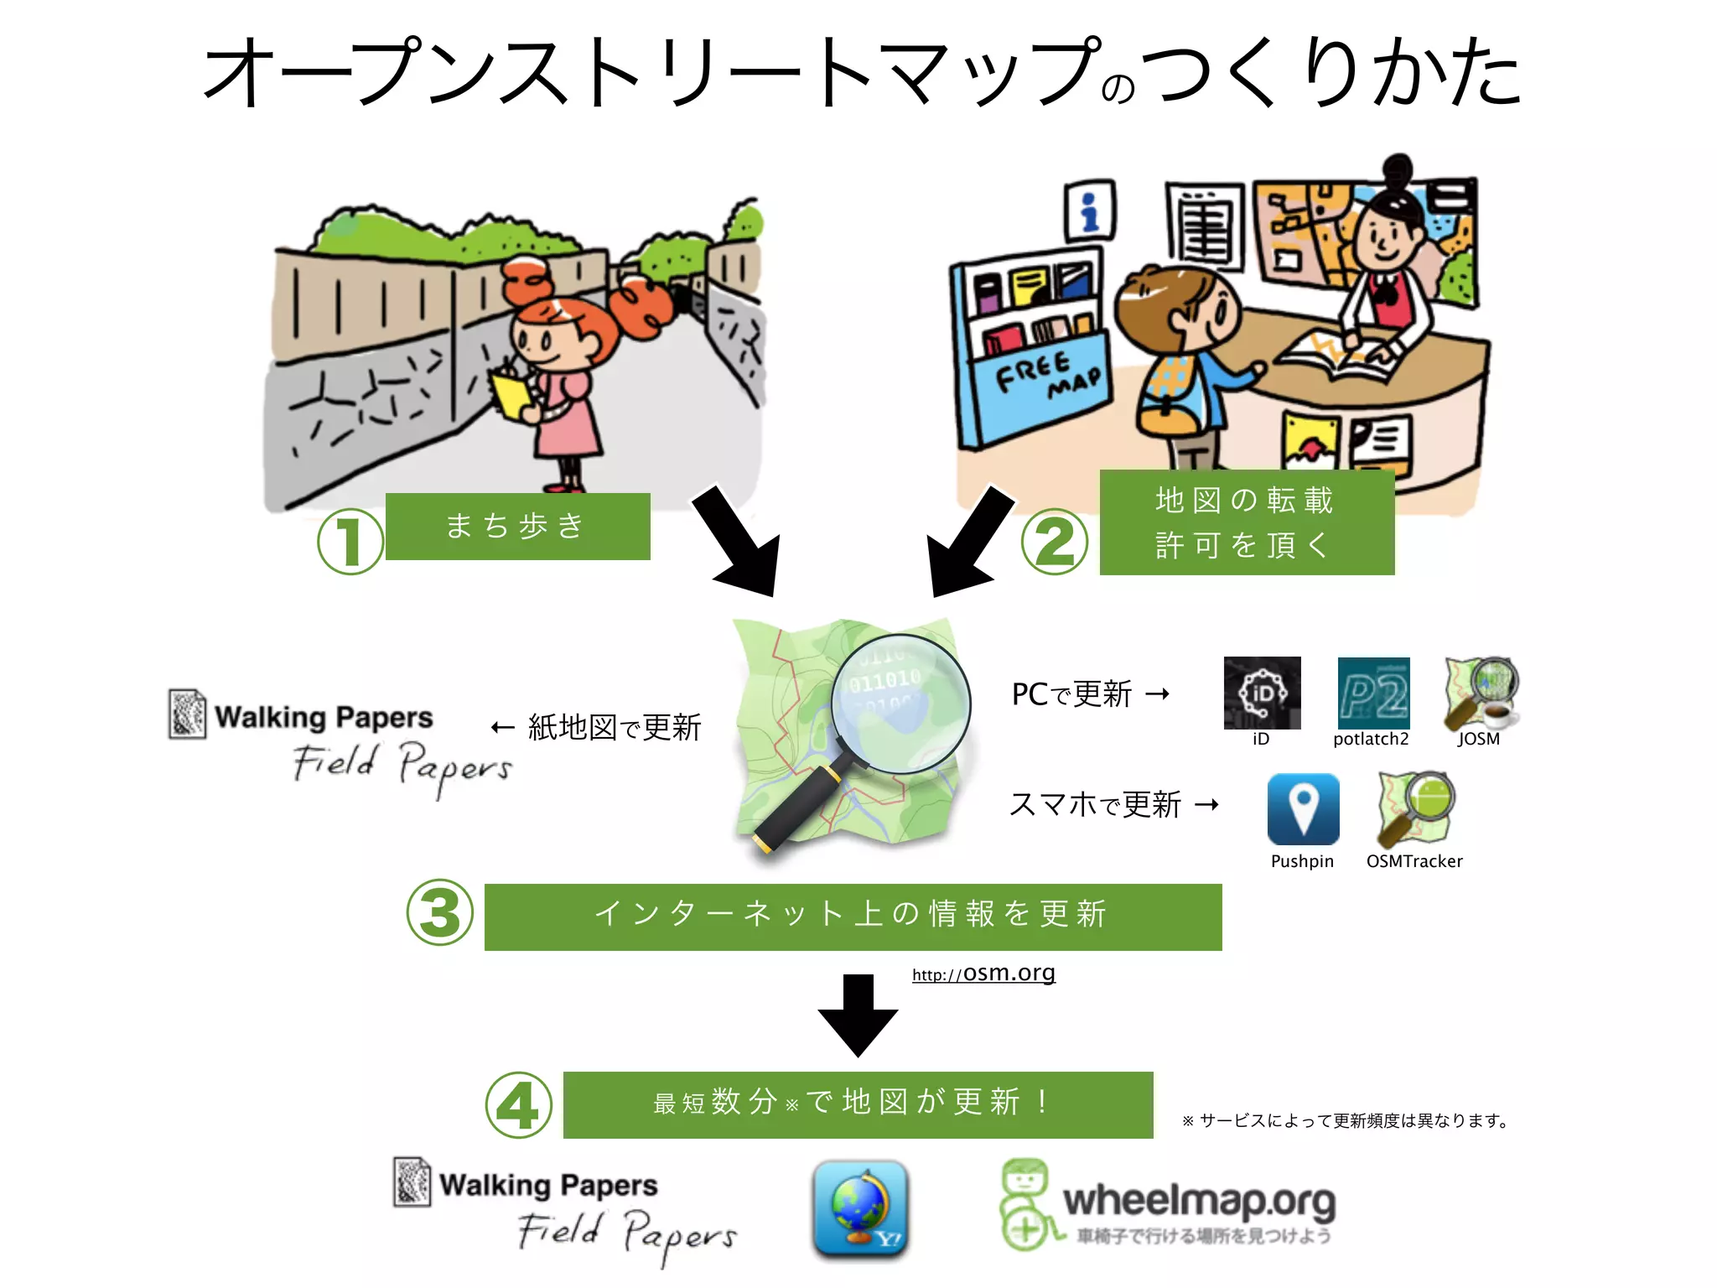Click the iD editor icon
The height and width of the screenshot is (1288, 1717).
(x=1262, y=693)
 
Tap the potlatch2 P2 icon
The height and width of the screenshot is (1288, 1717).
(x=1373, y=693)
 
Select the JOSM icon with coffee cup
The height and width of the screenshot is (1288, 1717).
(x=1481, y=693)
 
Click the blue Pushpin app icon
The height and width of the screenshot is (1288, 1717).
(x=1303, y=808)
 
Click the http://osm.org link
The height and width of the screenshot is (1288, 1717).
(x=983, y=974)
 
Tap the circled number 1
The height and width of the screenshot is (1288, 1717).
(x=350, y=541)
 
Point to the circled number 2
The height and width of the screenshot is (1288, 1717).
(x=1055, y=542)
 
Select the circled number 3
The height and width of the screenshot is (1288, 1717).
(x=439, y=912)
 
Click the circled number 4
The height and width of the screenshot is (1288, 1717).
(x=518, y=1105)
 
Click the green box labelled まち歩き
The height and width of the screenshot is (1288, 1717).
(x=517, y=527)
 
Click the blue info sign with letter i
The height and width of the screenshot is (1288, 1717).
(x=1089, y=210)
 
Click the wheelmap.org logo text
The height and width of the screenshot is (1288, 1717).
(x=1199, y=1201)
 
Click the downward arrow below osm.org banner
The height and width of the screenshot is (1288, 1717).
(x=858, y=1015)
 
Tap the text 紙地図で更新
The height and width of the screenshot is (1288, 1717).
(x=615, y=727)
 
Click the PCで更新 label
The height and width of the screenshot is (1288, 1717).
(x=1071, y=694)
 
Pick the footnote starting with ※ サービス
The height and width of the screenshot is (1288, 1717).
(x=1346, y=1120)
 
